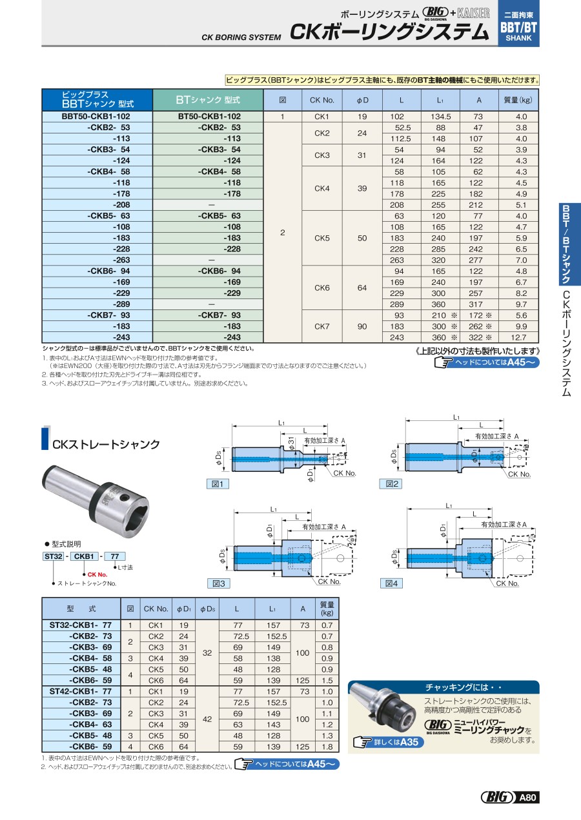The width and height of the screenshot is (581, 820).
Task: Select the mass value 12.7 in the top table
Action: (x=522, y=337)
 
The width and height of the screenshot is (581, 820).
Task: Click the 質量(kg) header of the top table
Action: (x=518, y=100)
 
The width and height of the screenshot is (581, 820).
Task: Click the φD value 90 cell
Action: (x=362, y=326)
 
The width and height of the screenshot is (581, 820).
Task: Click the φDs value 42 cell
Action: (x=207, y=719)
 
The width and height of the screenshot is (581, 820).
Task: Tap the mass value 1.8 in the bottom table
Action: (x=327, y=747)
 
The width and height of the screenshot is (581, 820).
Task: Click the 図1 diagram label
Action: (x=217, y=483)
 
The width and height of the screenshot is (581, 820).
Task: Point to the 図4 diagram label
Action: (x=393, y=583)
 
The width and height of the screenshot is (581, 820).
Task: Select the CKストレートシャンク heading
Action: (x=106, y=445)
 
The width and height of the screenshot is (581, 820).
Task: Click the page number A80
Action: (x=528, y=798)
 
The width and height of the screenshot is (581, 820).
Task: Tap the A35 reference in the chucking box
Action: (x=409, y=742)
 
